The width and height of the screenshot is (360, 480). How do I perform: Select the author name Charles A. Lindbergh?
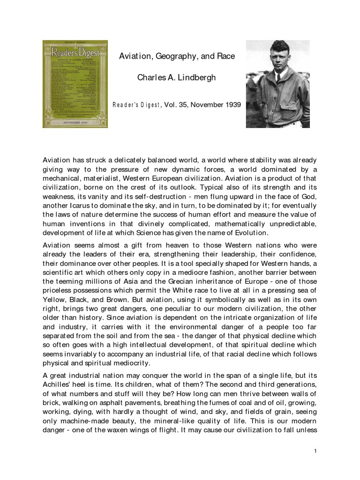click(176, 78)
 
